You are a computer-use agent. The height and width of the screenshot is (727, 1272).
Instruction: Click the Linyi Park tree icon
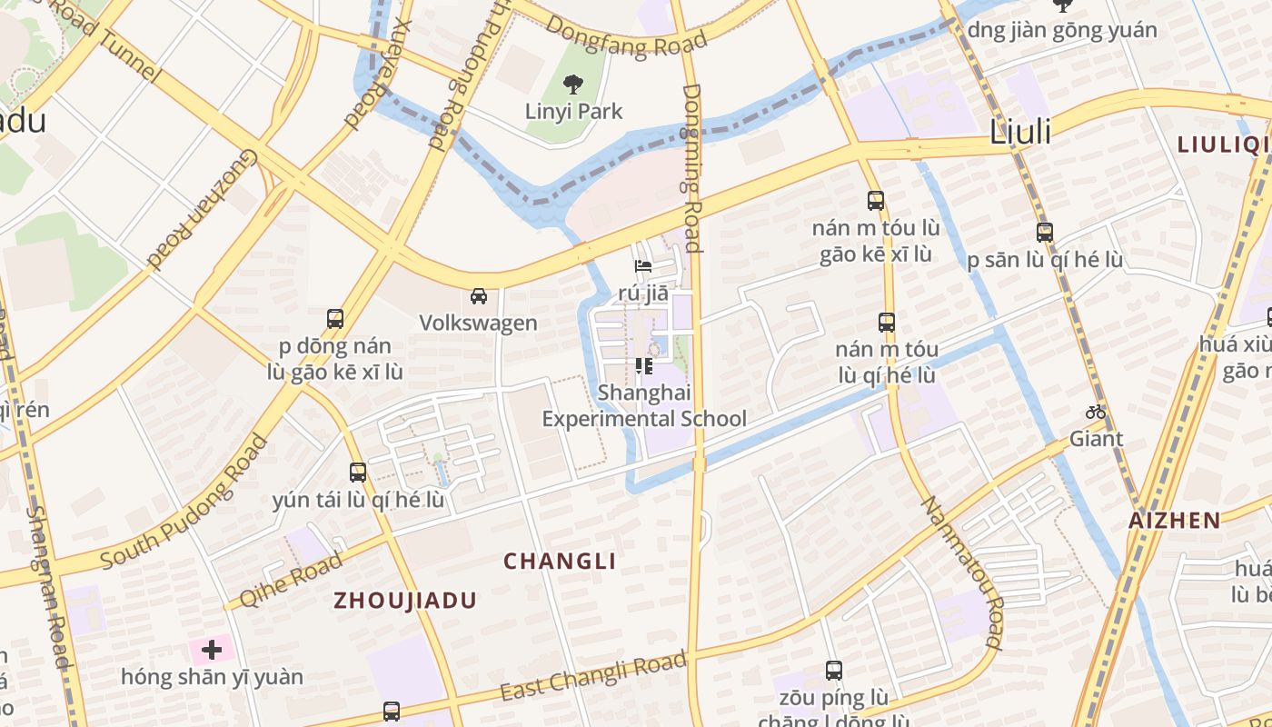pyautogui.click(x=572, y=85)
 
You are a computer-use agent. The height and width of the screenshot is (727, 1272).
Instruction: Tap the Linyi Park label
pyautogui.click(x=574, y=112)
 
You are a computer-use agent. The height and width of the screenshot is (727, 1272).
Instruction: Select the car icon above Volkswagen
pyautogui.click(x=478, y=295)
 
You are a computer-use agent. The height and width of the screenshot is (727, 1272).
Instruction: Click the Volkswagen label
pyautogui.click(x=478, y=323)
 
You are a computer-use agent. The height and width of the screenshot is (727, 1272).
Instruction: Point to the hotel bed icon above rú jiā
pyautogui.click(x=643, y=266)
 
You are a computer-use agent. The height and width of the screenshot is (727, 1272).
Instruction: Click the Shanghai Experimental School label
pyautogui.click(x=644, y=406)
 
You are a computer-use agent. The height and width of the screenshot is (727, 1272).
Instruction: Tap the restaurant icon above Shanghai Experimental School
pyautogui.click(x=644, y=366)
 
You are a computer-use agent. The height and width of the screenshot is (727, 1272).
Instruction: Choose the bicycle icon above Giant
pyautogui.click(x=1096, y=412)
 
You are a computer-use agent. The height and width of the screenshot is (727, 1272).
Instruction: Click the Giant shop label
pyautogui.click(x=1096, y=439)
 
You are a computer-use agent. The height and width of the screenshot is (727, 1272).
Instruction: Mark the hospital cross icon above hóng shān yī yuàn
pyautogui.click(x=212, y=650)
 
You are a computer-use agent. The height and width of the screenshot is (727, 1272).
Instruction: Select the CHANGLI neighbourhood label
pyautogui.click(x=560, y=562)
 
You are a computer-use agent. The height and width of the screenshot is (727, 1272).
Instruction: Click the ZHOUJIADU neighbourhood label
pyautogui.click(x=404, y=601)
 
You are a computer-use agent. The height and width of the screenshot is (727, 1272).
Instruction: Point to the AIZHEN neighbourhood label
pyautogui.click(x=1174, y=521)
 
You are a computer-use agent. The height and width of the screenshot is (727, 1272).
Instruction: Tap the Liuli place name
pyautogui.click(x=1019, y=132)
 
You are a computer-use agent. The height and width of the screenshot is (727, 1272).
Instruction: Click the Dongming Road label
pyautogui.click(x=692, y=168)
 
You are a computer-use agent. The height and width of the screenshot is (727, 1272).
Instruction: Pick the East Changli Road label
pyautogui.click(x=592, y=677)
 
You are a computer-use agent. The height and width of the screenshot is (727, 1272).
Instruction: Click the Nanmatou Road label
pyautogui.click(x=962, y=573)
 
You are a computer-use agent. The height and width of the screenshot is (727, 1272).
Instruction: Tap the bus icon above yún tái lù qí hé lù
pyautogui.click(x=358, y=473)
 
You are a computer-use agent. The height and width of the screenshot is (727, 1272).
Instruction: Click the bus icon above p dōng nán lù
pyautogui.click(x=335, y=319)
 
